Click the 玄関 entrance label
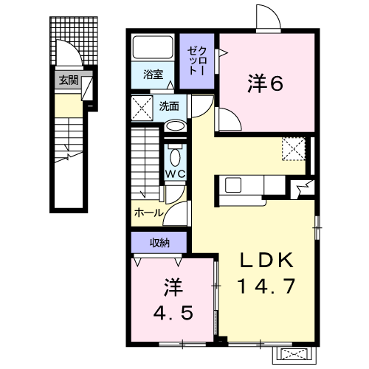coord(68,80)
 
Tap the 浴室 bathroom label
coord(154,74)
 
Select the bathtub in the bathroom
coord(153,47)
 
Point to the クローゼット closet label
coord(197,61)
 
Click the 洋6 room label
coord(265,83)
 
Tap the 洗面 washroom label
coord(169,106)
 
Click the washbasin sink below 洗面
coord(175,126)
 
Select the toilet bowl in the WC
coord(175,157)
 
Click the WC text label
coord(175,174)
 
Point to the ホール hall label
coord(148,213)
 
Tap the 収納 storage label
coord(159,243)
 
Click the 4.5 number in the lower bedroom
coord(173,313)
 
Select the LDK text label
coord(266,261)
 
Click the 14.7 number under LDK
coord(266,286)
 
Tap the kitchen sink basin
coord(233,185)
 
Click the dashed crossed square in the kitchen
coord(294,149)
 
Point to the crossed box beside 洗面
coord(142,108)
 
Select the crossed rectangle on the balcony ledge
coord(294,355)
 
